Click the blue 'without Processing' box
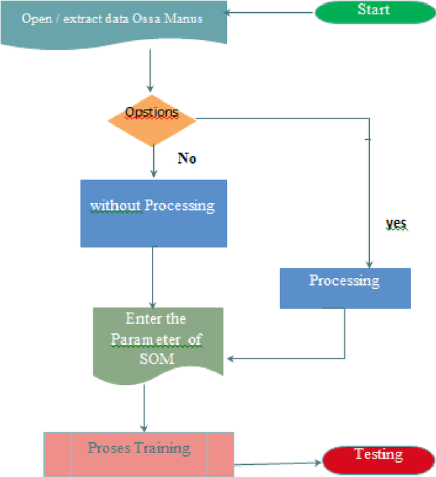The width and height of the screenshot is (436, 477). [153, 213]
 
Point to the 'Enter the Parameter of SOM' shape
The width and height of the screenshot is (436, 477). [157, 341]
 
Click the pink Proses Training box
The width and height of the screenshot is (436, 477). [139, 454]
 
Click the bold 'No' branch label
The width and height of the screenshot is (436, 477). [187, 158]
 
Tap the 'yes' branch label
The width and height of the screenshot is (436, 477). [396, 224]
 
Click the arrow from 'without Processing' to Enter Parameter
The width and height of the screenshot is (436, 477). [152, 276]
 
